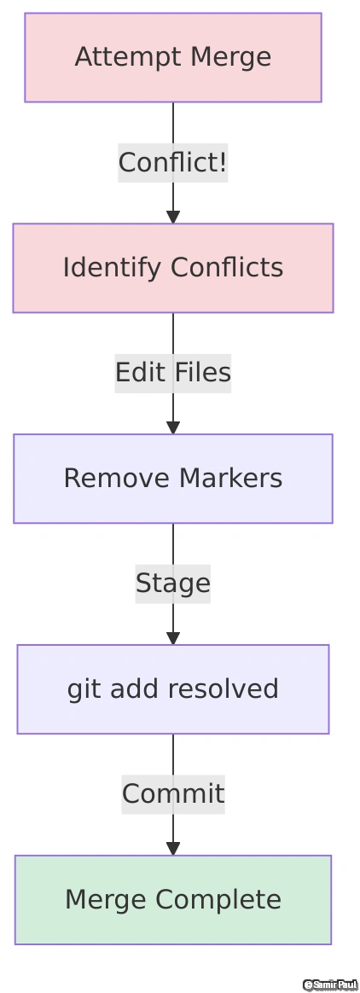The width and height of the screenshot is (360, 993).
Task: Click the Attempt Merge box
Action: (172, 57)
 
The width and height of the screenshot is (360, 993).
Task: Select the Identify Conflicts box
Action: (172, 268)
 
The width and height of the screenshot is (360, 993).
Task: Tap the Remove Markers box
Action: (172, 479)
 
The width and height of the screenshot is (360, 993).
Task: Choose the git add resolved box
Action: (172, 689)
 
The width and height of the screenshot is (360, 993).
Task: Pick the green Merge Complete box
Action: (172, 900)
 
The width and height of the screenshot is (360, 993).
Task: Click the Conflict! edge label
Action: (172, 162)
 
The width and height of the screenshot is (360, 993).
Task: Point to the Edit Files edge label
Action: (172, 373)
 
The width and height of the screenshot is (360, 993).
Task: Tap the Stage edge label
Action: (172, 584)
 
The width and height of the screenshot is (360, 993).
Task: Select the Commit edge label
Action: (172, 794)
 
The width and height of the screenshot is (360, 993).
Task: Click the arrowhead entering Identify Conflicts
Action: (173, 217)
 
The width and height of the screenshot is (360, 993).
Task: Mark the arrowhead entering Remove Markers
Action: (173, 427)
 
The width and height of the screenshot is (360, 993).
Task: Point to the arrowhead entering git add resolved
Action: (173, 638)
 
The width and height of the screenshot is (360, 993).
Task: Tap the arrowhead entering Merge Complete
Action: (173, 849)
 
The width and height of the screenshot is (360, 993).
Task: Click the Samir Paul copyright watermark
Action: (329, 985)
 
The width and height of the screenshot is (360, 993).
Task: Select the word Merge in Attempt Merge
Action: (231, 57)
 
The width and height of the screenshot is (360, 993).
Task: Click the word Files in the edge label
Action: (203, 373)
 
